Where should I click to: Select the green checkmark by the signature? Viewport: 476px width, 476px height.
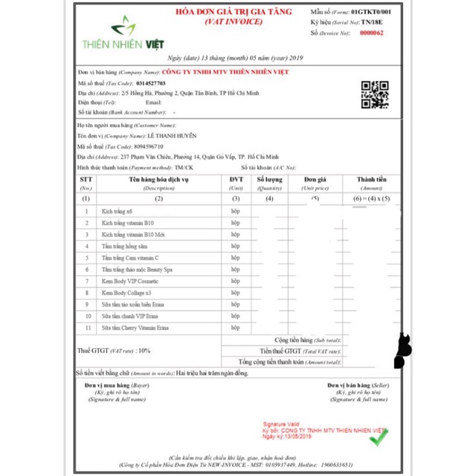click(379, 438)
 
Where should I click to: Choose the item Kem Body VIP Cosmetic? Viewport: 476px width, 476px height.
click(131, 281)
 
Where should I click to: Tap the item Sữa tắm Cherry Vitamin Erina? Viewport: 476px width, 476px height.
click(135, 327)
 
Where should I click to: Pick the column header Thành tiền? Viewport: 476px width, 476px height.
click(372, 180)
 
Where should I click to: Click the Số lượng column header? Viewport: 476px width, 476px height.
click(269, 180)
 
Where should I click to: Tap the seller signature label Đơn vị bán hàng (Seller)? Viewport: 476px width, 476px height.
click(358, 386)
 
